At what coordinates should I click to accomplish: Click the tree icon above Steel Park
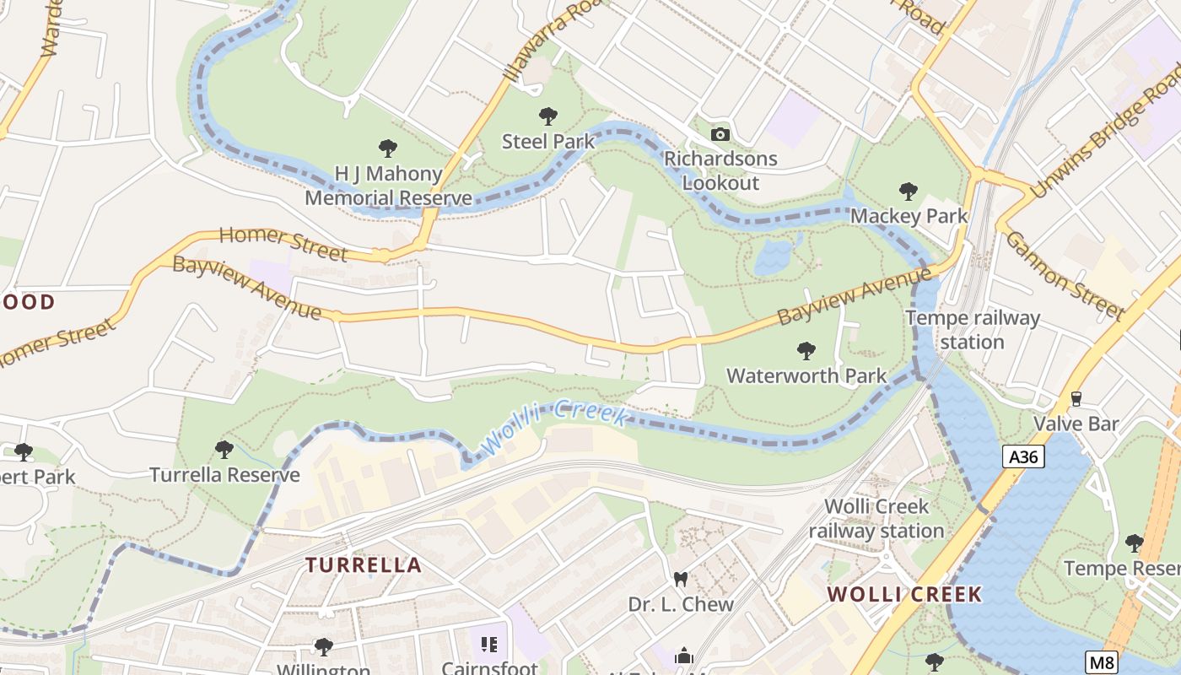548,116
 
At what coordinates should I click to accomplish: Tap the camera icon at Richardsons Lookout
720,134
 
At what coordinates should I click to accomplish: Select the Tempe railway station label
972,330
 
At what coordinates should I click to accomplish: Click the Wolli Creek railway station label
876,518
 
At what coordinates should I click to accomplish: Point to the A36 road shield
1024,457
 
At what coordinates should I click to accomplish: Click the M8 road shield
1102,661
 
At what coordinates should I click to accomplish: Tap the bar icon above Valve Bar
1076,399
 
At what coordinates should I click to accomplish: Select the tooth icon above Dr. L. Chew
680,580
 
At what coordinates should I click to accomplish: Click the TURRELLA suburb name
363,565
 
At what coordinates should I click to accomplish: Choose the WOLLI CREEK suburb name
904,594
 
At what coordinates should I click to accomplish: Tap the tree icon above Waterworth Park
806,350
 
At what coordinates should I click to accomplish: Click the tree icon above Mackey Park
908,192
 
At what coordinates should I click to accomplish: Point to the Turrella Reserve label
224,475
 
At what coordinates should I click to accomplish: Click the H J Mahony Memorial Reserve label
388,186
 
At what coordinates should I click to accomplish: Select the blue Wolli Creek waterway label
553,427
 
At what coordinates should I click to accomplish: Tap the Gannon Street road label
1065,276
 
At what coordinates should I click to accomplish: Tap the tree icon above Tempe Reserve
1135,543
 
